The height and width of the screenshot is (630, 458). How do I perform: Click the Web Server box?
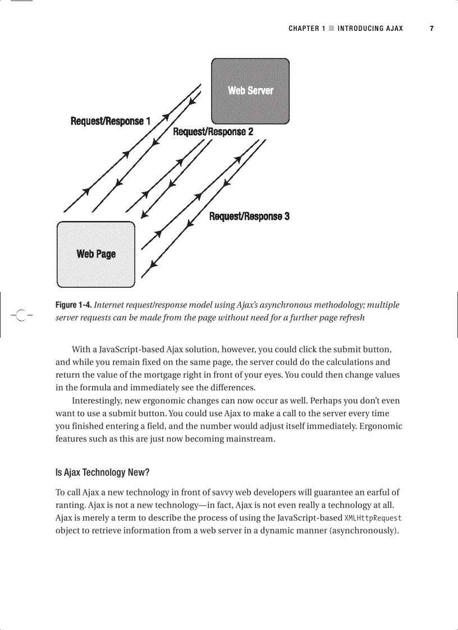(250, 91)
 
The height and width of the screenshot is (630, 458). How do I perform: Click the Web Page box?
(96, 254)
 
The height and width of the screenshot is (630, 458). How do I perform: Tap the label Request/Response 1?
(110, 121)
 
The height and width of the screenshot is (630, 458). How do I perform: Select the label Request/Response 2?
(213, 132)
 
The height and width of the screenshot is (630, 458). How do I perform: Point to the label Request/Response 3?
(249, 217)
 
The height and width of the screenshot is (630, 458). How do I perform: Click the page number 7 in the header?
(432, 29)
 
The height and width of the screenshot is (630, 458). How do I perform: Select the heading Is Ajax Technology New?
(102, 472)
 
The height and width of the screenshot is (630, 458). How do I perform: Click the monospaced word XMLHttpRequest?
(373, 518)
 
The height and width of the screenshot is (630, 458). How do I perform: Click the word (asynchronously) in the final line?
(364, 531)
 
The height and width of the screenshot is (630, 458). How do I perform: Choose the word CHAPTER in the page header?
(304, 29)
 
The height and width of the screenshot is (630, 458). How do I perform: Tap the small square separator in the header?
(332, 29)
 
